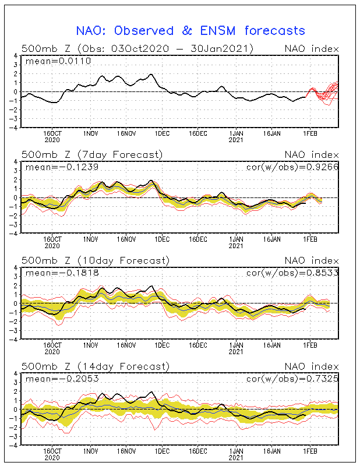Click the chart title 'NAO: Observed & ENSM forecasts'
tap(190, 30)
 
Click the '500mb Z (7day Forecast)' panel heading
tap(92, 154)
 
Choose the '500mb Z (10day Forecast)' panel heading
tap(95, 260)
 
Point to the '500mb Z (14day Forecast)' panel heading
tap(95, 366)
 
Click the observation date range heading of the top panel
tap(137, 48)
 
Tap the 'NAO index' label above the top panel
tap(311, 48)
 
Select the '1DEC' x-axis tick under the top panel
tap(162, 133)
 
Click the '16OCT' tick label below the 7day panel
tap(53, 239)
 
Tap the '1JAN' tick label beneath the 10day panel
tap(236, 345)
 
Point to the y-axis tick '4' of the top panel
tap(15, 56)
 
